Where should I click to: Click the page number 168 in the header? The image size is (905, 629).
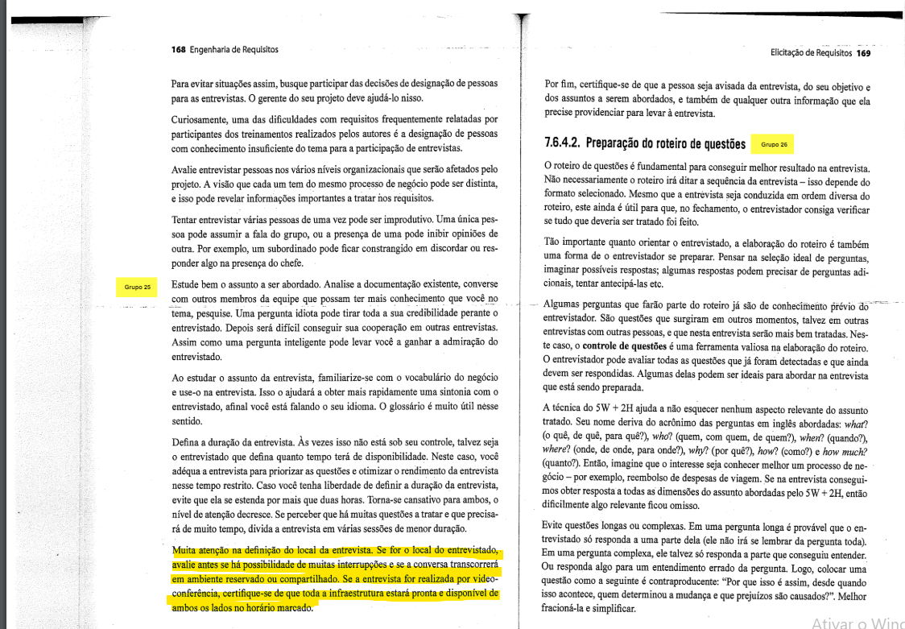click(x=179, y=49)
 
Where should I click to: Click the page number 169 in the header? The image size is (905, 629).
click(x=863, y=53)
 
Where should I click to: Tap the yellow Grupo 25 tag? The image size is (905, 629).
click(x=137, y=286)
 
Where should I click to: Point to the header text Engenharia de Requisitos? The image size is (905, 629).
click(x=233, y=49)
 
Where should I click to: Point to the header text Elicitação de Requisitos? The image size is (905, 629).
click(x=812, y=53)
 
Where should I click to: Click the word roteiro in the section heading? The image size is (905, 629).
click(x=689, y=144)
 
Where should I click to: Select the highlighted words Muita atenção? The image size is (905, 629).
click(x=201, y=551)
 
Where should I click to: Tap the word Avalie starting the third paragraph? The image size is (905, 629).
click(x=186, y=170)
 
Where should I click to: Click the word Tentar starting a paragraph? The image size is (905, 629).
click(x=188, y=219)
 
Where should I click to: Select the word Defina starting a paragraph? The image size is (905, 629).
click(x=188, y=442)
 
